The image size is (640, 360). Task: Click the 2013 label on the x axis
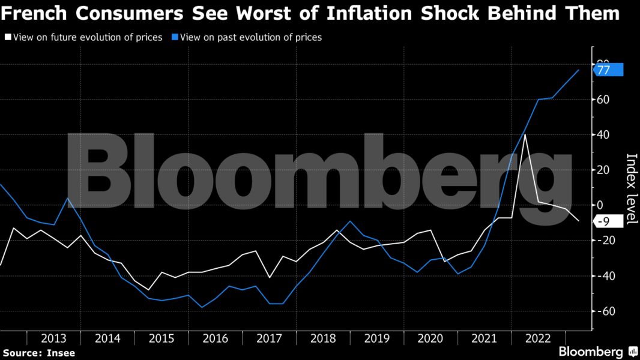(53, 338)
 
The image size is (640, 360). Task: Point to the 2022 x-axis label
(538, 338)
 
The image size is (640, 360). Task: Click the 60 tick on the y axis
(603, 100)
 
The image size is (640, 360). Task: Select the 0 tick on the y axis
(600, 205)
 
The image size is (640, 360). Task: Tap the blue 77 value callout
(608, 70)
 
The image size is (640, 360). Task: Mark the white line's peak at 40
(525, 135)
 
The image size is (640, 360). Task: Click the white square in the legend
(7, 37)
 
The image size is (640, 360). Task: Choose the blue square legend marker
(174, 37)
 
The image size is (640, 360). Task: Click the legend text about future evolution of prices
(88, 37)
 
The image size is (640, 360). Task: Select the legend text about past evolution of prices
(251, 37)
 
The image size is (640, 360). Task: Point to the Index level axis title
(632, 188)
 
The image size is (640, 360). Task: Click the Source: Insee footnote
(39, 353)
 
